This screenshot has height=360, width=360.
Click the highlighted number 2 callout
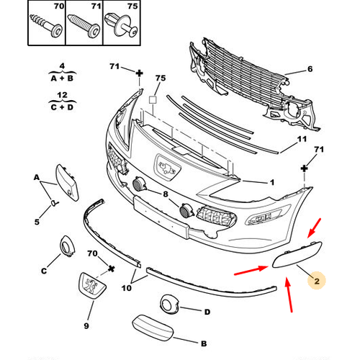317,281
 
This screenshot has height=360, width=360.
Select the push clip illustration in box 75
121,26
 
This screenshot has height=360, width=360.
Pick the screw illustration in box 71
84,26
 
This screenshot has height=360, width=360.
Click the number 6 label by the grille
310,69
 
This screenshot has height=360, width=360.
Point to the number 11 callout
302,139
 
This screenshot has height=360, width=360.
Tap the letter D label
207,312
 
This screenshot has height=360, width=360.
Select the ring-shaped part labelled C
67,246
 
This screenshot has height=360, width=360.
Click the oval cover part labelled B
153,328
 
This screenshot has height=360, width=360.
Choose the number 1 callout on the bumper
271,182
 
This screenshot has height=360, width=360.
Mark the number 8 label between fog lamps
166,194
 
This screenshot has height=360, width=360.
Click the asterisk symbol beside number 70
111,269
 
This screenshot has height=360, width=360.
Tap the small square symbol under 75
153,99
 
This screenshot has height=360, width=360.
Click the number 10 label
127,288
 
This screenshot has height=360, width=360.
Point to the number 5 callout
37,222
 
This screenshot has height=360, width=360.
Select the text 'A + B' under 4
62,78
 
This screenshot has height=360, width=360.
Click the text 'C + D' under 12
62,107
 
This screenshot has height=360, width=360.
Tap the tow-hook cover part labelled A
67,182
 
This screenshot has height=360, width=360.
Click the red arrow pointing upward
289,294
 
